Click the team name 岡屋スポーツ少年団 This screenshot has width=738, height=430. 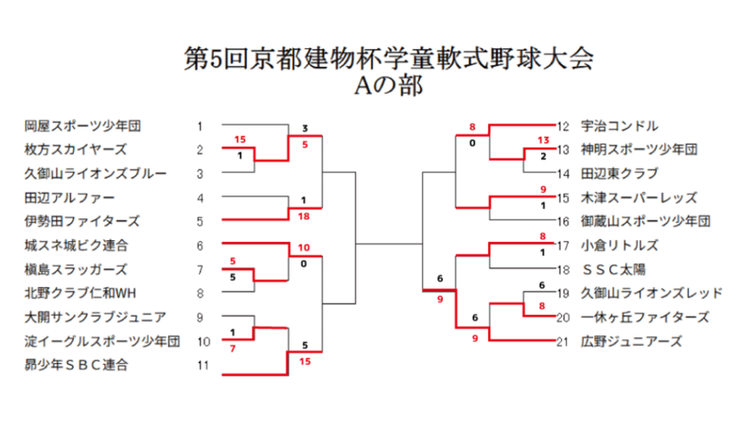tap(83, 126)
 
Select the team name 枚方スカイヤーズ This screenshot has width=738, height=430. tap(76, 149)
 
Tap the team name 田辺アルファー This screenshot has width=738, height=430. tap(70, 198)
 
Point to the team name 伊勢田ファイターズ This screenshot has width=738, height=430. tap(82, 221)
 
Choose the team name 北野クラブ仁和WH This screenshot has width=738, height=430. tap(80, 293)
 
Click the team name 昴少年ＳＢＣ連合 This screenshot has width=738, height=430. tap(77, 365)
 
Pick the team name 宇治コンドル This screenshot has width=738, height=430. tap(620, 126)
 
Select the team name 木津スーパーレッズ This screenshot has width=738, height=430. tap(639, 198)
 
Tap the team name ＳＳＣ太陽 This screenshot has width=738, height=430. tap(613, 269)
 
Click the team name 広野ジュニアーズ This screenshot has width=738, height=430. tap(631, 342)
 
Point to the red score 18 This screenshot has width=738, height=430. tap(304, 216)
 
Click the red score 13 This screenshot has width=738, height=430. tap(543, 140)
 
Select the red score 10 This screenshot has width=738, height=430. tap(304, 248)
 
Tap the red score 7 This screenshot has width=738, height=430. tap(233, 349)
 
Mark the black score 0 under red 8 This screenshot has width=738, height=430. tap(472, 144)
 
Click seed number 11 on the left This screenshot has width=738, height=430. tap(202, 365)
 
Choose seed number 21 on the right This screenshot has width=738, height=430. tap(563, 342)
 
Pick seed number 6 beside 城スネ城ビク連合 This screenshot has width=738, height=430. tap(200, 246)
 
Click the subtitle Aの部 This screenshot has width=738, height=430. tap(389, 86)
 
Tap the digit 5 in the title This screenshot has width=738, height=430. tap(216, 60)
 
